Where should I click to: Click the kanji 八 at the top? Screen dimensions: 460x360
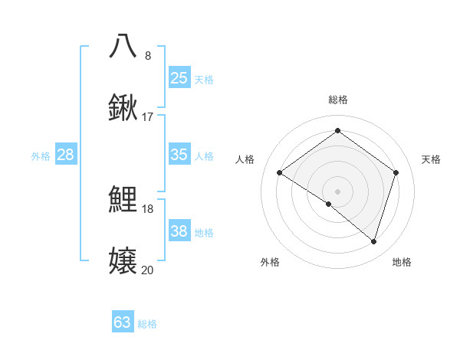123,46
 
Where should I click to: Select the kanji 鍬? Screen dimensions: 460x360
123,107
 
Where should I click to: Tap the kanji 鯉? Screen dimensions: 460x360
123,200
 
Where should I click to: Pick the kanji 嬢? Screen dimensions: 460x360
123,261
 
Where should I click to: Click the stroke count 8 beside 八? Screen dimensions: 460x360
148,56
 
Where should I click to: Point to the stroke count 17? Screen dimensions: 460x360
148,117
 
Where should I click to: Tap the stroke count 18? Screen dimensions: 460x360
148,209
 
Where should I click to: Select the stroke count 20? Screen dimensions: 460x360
148,270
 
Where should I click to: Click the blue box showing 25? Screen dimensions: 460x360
179,78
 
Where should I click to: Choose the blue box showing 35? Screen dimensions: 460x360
179,155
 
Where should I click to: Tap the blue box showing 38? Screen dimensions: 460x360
179,231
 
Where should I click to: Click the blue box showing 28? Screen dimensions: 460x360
66,155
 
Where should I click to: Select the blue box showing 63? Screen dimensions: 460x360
123,322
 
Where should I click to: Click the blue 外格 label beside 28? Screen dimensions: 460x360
41,155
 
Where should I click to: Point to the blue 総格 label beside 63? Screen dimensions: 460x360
147,324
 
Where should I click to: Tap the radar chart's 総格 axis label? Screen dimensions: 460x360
338,100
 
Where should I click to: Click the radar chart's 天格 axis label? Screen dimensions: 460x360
431,159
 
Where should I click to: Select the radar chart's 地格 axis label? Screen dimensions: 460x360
402,262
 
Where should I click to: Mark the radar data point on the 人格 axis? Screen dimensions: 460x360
280,173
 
